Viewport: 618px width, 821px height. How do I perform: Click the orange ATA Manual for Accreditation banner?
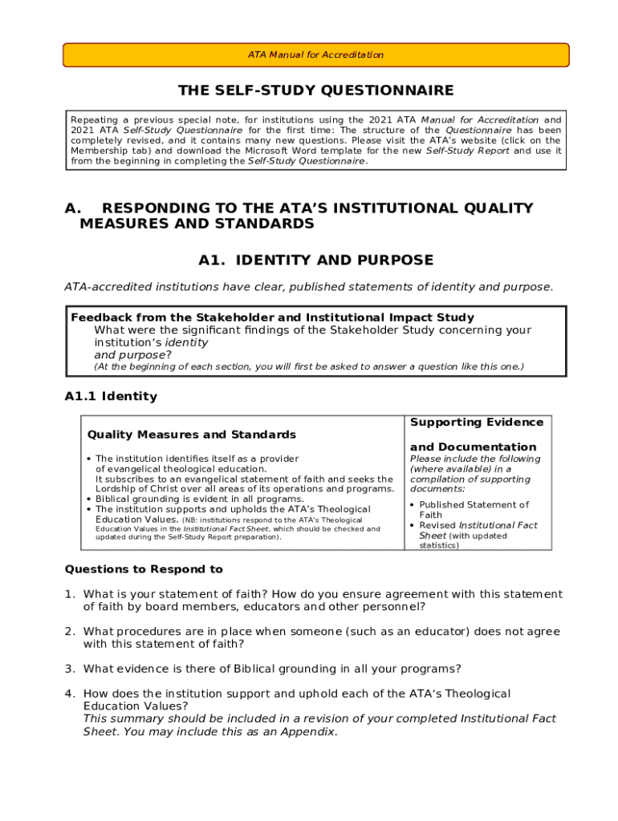(x=315, y=55)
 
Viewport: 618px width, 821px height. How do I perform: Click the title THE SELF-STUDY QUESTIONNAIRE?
(x=315, y=91)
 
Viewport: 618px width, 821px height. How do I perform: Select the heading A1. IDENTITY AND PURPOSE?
(x=315, y=260)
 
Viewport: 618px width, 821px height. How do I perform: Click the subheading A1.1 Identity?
(x=111, y=396)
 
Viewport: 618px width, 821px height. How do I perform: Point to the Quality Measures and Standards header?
(x=191, y=435)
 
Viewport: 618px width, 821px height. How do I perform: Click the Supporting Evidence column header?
(x=477, y=423)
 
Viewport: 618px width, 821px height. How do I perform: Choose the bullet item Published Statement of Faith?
(x=473, y=510)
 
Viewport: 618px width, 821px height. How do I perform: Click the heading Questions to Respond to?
(x=144, y=569)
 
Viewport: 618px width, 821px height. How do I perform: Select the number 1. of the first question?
(x=70, y=594)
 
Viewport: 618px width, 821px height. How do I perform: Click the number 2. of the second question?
(x=70, y=632)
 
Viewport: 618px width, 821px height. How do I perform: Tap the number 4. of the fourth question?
(x=70, y=694)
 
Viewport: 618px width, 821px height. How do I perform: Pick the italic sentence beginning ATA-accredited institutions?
(x=308, y=287)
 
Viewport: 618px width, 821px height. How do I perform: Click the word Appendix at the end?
(x=310, y=732)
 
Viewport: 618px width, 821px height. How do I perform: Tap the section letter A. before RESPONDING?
(x=72, y=208)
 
